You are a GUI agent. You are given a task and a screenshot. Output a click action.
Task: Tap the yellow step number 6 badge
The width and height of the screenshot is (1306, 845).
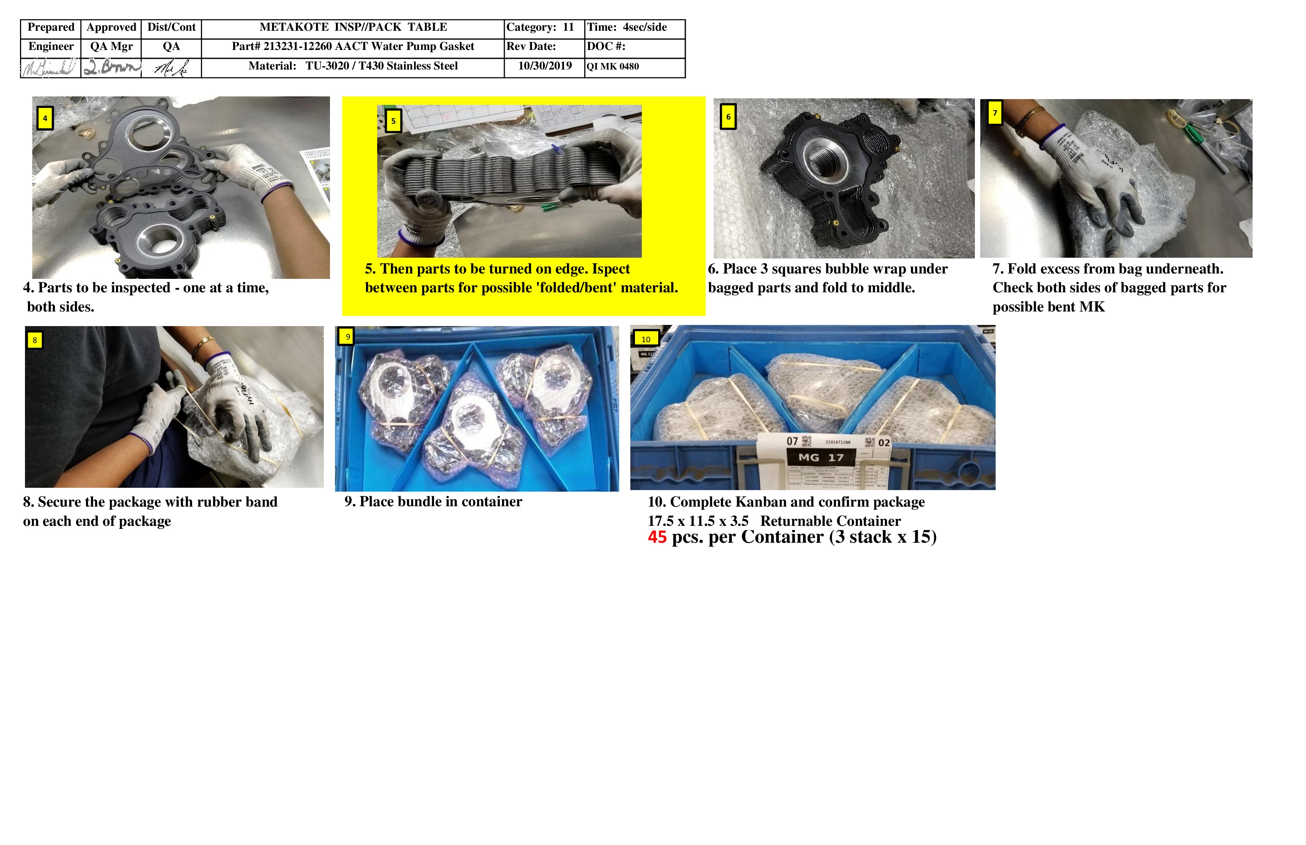click(x=728, y=117)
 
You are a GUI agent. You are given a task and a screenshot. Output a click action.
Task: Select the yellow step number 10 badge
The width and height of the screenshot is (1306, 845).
click(x=646, y=339)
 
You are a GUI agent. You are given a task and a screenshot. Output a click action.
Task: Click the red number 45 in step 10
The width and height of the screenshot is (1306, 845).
click(x=657, y=537)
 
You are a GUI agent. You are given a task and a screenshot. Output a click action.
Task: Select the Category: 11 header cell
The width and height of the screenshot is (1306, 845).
click(x=540, y=27)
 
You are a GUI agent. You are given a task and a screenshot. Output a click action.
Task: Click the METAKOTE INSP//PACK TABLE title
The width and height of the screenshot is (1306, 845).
click(x=353, y=27)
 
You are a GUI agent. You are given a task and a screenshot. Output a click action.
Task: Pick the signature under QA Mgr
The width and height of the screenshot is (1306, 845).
click(x=111, y=68)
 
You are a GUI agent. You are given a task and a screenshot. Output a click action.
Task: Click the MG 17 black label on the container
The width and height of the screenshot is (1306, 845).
click(x=820, y=457)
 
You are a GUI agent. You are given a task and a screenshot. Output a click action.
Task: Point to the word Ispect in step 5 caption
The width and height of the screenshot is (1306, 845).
click(x=611, y=269)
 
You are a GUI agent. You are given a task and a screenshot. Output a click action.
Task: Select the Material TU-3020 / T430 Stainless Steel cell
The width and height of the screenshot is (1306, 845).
click(x=353, y=66)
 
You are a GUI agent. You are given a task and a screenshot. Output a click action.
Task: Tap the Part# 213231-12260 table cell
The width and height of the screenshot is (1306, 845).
click(x=353, y=46)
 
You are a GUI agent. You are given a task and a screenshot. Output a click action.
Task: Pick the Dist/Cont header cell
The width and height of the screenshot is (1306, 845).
click(x=171, y=27)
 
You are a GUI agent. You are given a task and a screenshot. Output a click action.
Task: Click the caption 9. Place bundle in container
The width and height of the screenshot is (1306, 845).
click(x=433, y=502)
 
